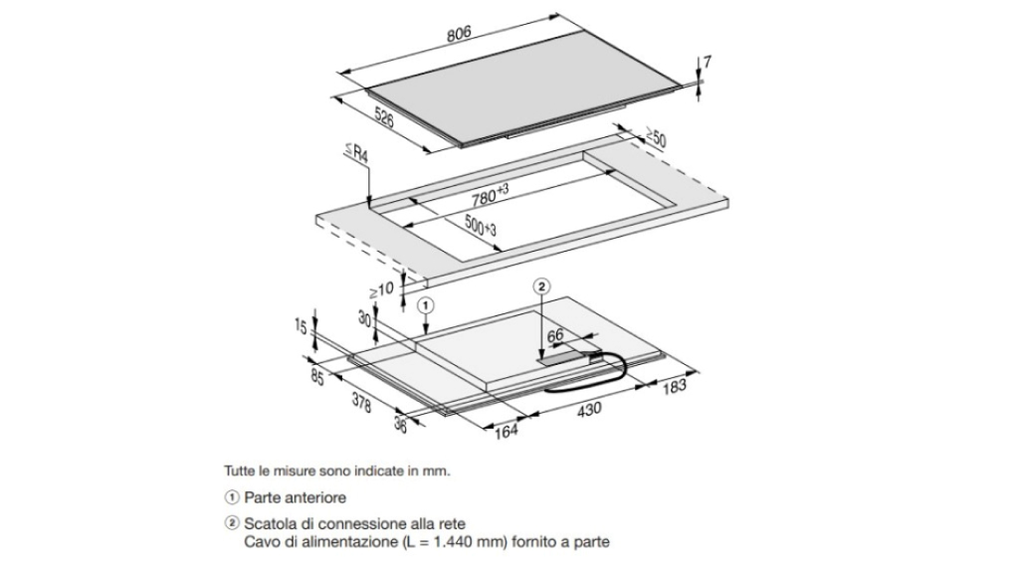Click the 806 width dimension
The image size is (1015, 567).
[459, 34]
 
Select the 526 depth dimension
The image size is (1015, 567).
[384, 117]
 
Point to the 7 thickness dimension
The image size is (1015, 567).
[707, 62]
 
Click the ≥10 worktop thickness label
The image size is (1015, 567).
[381, 289]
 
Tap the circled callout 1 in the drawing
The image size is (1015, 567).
[425, 304]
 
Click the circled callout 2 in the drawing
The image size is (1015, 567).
[541, 285]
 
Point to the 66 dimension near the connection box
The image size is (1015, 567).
[555, 335]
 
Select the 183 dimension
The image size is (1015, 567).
[675, 386]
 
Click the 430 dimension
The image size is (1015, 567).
[589, 410]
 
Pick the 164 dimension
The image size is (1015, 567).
[507, 431]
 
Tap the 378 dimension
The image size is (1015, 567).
[361, 403]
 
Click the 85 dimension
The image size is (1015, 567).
[317, 377]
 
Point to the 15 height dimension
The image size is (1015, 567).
[301, 327]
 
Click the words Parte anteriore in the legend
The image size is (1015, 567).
[296, 497]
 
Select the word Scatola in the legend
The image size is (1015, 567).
[267, 523]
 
